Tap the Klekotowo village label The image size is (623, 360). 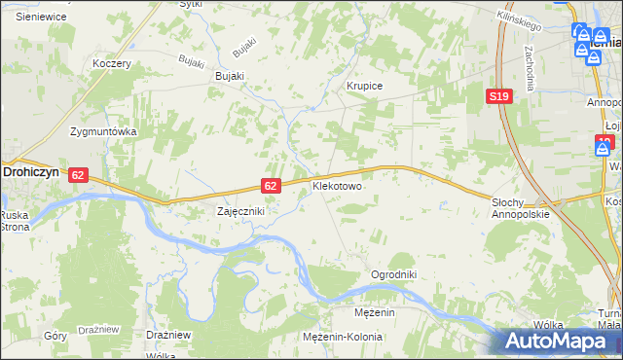[337, 184]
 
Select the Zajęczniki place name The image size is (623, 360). [240, 210]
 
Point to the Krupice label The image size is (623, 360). [365, 86]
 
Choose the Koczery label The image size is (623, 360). [111, 63]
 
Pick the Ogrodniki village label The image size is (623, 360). [393, 274]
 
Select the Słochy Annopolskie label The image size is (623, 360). [521, 208]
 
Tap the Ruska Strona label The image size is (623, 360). [15, 221]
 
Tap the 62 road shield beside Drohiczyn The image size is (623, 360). [79, 174]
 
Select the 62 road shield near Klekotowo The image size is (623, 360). [272, 185]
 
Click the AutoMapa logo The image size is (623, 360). [558, 342]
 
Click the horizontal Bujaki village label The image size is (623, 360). [230, 76]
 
